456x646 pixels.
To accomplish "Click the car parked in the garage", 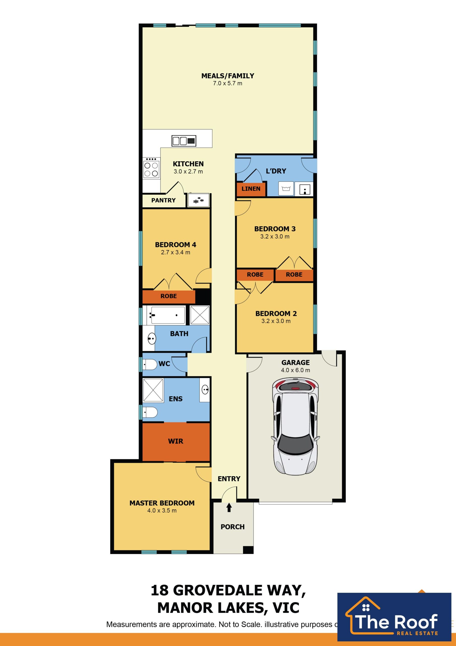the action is (x=295, y=426).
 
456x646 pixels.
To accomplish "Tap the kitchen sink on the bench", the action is (x=184, y=141).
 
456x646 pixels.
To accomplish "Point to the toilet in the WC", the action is (x=150, y=365).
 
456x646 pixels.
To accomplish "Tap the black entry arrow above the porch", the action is (x=229, y=507).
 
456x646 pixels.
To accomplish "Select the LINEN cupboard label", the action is (x=251, y=189).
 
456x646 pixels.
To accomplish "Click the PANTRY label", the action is (x=163, y=200).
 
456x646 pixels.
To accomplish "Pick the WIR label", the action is (x=176, y=441).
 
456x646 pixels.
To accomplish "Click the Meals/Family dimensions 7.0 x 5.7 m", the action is (x=227, y=83).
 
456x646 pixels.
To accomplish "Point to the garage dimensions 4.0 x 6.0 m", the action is (x=296, y=370).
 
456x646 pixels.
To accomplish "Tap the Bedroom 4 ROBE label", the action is (x=169, y=296).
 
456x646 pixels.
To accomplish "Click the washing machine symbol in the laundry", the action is (x=286, y=189).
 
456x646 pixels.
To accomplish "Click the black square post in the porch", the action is (x=248, y=550).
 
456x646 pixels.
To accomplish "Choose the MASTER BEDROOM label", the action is (x=162, y=503).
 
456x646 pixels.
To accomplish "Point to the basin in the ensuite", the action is (x=205, y=390).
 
